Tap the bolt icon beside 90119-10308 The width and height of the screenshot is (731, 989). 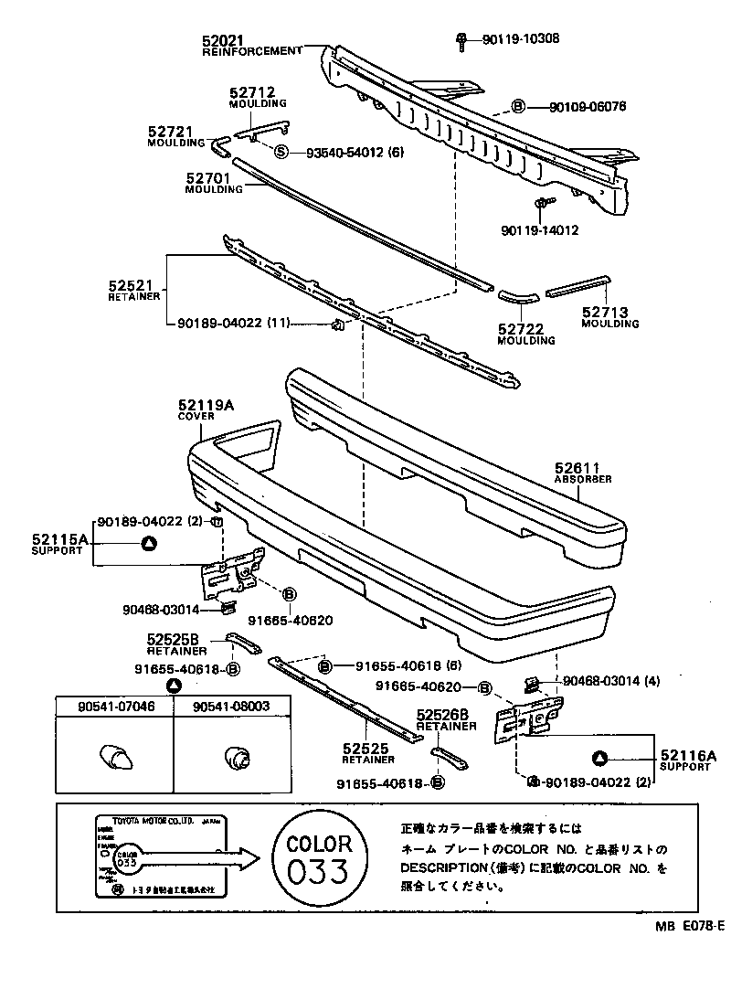(463, 38)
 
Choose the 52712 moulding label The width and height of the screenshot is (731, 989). (251, 92)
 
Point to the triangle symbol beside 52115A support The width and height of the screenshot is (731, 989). (149, 544)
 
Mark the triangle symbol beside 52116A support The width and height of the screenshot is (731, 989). (600, 757)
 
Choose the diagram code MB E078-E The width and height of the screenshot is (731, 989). (689, 926)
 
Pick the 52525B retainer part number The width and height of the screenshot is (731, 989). (172, 641)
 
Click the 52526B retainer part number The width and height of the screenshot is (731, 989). (442, 716)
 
